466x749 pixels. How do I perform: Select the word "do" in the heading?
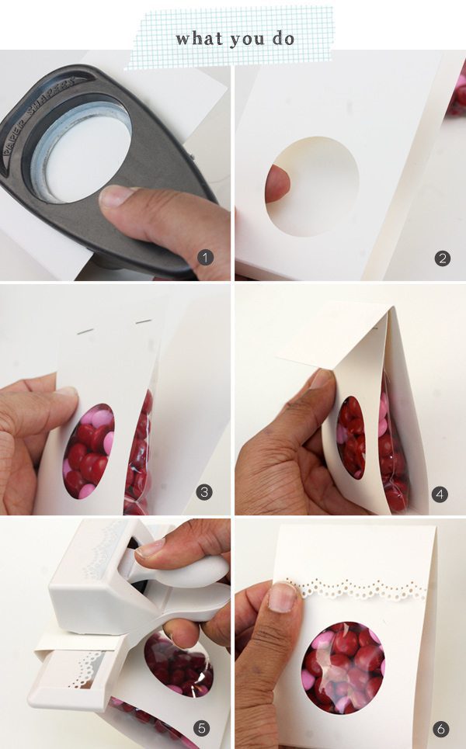click(x=283, y=38)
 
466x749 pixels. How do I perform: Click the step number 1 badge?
click(x=205, y=258)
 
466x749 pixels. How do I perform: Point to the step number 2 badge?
click(x=442, y=258)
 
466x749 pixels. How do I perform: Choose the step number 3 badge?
click(x=204, y=492)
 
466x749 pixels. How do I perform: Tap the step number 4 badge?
click(x=440, y=494)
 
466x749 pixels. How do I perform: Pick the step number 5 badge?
click(x=202, y=727)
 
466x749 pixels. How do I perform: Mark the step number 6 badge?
click(x=440, y=729)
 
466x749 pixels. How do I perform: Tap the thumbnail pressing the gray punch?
click(x=116, y=196)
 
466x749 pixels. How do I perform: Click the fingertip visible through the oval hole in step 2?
click(x=276, y=183)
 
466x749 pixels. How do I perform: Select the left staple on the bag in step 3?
click(x=85, y=331)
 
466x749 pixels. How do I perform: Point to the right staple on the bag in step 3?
click(x=144, y=322)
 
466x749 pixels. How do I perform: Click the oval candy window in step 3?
click(x=89, y=451)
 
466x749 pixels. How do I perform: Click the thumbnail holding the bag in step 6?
click(x=282, y=597)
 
